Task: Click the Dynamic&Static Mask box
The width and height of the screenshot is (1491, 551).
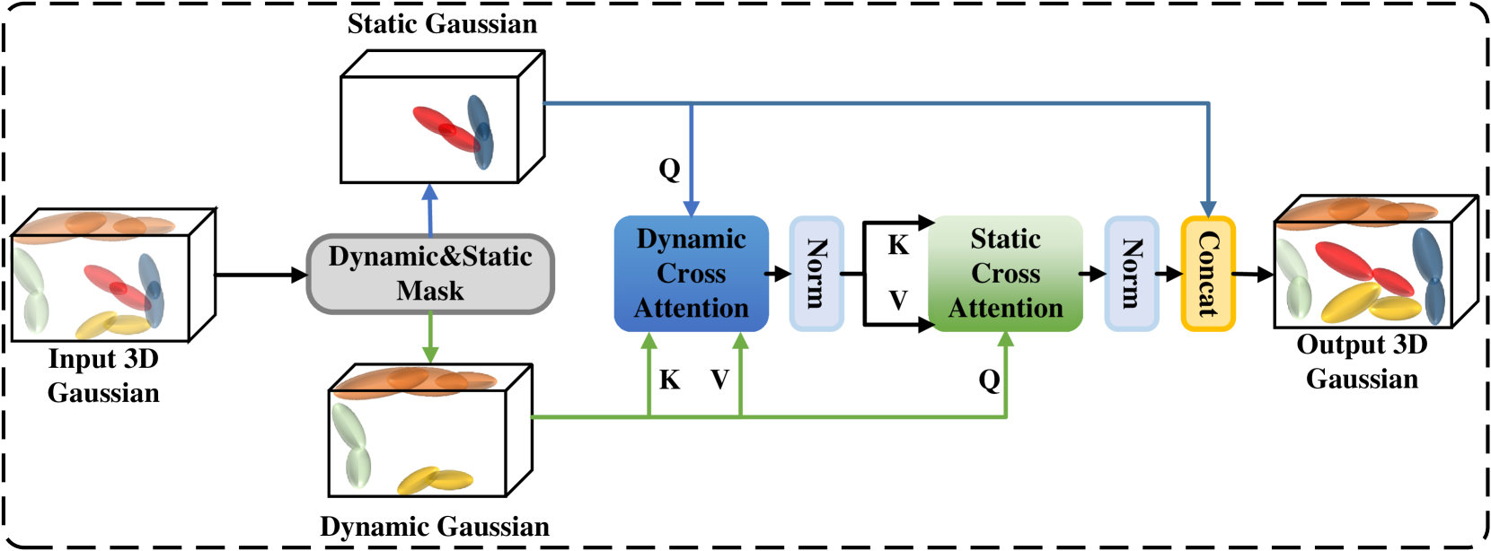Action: [x=430, y=274]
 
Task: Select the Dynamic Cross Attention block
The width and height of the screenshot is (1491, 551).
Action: [x=691, y=274]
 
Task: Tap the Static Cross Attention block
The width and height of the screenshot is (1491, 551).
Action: [x=1005, y=274]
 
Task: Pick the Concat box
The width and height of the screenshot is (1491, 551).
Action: [x=1207, y=274]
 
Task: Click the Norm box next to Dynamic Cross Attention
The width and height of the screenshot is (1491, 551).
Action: [x=816, y=274]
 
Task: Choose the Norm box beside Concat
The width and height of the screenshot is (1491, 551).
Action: [x=1131, y=274]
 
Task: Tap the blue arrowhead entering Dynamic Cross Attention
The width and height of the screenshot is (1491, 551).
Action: [x=691, y=207]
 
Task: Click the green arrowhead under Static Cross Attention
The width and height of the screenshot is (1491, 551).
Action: [x=1005, y=340]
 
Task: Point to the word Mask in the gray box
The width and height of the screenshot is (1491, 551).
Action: [x=430, y=291]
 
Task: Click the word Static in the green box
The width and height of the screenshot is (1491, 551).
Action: [x=1005, y=239]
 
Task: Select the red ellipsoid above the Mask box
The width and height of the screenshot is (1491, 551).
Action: [x=444, y=127]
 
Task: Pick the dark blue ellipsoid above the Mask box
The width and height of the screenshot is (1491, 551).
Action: [x=481, y=131]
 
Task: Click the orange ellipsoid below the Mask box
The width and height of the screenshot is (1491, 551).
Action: [x=415, y=380]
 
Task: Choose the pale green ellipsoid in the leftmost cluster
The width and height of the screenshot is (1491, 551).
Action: [x=30, y=289]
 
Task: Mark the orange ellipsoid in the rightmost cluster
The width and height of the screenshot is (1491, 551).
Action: [x=1356, y=212]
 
